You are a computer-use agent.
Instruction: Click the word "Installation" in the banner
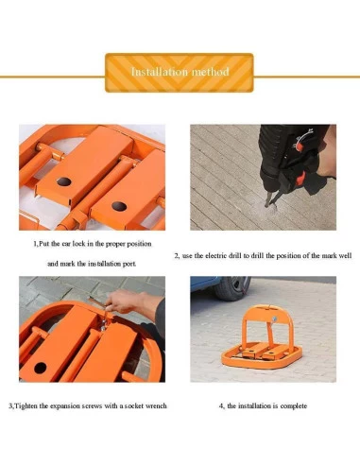click(160, 72)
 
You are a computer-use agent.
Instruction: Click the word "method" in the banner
click(210, 72)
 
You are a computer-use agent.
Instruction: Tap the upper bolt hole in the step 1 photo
click(64, 181)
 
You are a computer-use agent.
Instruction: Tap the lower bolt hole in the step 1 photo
click(119, 206)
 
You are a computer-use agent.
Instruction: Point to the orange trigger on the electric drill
click(301, 178)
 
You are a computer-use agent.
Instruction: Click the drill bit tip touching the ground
click(267, 206)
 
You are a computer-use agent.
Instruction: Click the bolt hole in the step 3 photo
click(41, 368)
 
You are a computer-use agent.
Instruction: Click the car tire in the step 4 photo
click(232, 288)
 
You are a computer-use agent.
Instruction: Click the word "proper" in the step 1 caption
click(115, 244)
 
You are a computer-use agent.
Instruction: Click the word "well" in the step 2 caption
click(345, 255)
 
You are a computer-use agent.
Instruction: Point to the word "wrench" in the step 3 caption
click(156, 405)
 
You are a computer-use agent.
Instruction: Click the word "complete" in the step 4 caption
click(294, 405)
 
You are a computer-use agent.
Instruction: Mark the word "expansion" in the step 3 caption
click(65, 405)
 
